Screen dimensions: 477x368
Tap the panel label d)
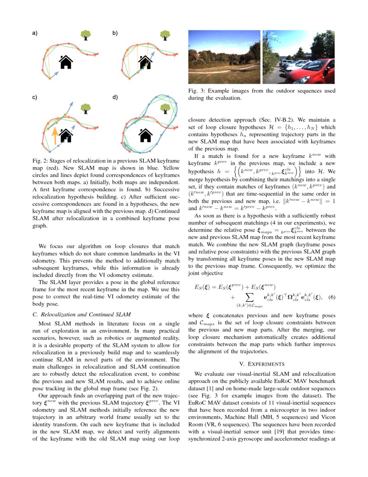[x=115, y=97]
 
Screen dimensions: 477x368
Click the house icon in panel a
[x=65, y=62]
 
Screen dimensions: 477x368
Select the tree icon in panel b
[x=165, y=35]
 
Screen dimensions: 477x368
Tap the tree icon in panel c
[x=86, y=107]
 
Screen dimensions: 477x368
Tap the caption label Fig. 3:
[x=197, y=91]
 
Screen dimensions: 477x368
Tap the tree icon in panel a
[x=86, y=35]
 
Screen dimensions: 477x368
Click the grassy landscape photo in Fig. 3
[x=224, y=57]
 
